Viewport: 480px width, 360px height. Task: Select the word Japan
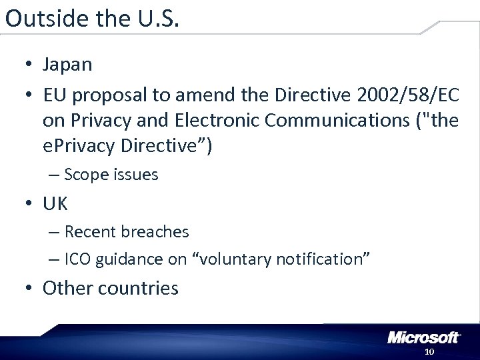coord(67,65)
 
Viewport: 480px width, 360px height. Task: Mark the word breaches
coord(155,232)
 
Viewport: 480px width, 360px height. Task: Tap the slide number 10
coord(429,351)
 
